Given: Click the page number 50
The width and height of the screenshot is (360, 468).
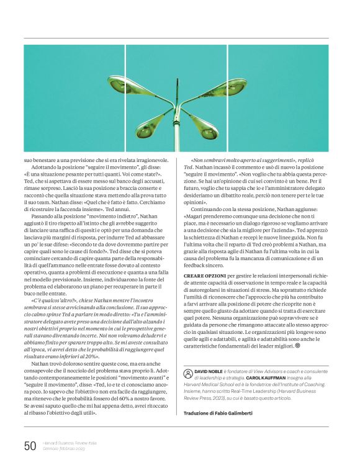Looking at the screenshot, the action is click(x=30, y=445).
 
